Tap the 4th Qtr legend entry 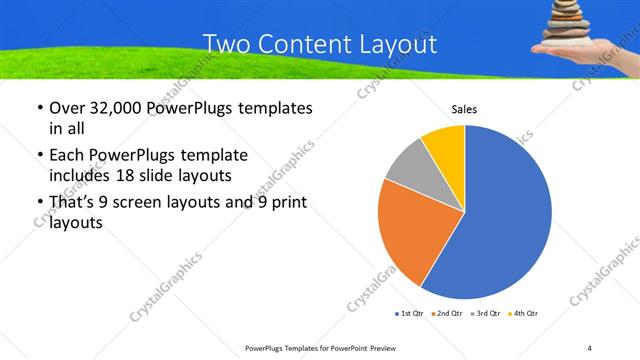tap(523, 315)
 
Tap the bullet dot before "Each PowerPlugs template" tap(38, 156)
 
